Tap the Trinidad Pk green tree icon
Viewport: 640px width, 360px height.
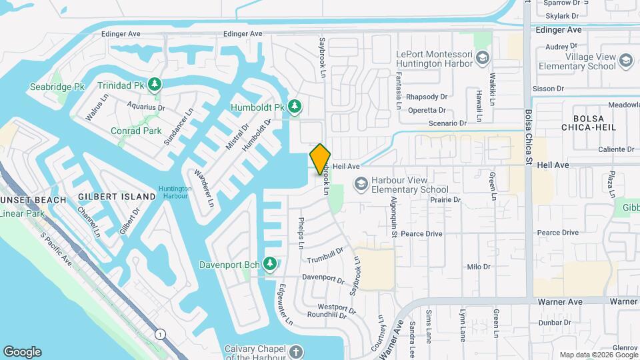coord(155,84)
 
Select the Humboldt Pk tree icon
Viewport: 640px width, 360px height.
coord(295,106)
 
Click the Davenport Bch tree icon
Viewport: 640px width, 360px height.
coord(270,264)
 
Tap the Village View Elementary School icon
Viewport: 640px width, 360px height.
coord(626,61)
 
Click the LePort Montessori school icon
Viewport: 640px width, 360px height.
coord(482,58)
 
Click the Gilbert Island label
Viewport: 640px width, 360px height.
coord(117,196)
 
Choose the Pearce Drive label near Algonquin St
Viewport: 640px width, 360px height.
coord(421,234)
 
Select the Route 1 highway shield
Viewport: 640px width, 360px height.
coord(160,334)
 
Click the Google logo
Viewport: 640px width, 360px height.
coord(22,352)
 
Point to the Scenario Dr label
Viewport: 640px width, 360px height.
coord(447,123)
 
